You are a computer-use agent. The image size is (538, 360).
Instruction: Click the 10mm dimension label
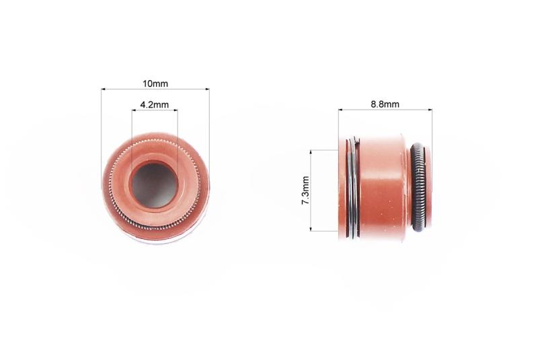155,83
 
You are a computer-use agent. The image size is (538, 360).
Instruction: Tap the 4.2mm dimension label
155,105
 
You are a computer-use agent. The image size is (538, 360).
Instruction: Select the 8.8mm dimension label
385,104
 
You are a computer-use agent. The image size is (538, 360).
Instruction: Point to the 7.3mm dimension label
305,190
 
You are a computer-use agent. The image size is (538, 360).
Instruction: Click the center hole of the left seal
155,185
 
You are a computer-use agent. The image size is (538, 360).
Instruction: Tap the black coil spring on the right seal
418,187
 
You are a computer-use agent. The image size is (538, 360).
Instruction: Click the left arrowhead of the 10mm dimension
104,89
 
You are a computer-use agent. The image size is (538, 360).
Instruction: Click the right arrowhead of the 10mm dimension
206,89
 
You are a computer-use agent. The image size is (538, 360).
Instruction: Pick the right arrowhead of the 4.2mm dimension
176,110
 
